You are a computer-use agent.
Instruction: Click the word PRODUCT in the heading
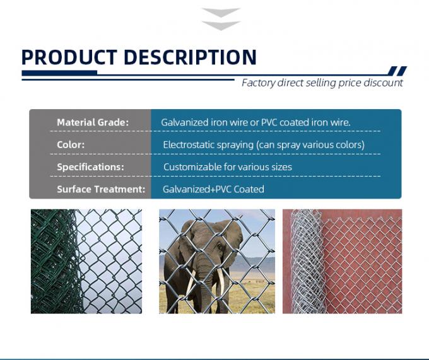[69, 57]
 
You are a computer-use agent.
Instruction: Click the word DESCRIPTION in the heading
[190, 57]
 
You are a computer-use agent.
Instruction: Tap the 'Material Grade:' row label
[92, 122]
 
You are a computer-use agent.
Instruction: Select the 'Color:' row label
[71, 144]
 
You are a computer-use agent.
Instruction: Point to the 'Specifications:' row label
[90, 167]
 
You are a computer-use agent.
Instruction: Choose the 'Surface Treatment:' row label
[101, 189]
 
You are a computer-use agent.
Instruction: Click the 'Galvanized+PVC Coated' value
[213, 189]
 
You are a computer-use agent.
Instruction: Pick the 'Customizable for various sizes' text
[227, 167]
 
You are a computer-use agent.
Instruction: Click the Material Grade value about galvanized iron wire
[256, 122]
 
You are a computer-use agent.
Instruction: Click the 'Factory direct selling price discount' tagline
[322, 83]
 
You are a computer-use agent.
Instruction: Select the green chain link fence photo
[86, 261]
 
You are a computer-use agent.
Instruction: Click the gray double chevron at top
[221, 19]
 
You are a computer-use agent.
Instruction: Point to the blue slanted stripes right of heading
[397, 71]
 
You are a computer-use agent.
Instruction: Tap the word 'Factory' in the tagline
[258, 83]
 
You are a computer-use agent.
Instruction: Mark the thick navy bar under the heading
[60, 74]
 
